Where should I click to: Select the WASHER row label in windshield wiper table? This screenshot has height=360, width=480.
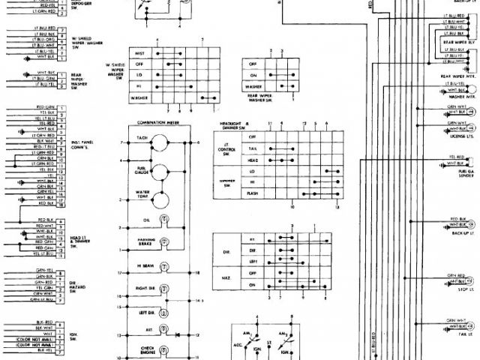click(x=139, y=97)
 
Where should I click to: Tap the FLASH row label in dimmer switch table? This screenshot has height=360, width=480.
click(x=253, y=193)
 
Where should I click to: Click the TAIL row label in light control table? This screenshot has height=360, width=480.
click(x=253, y=149)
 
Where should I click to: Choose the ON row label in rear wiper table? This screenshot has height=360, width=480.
click(x=253, y=75)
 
